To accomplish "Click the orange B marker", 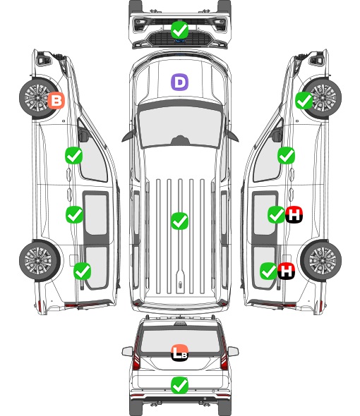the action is [x=56, y=100].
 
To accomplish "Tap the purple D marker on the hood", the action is [x=179, y=82].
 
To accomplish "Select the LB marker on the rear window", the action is [x=179, y=353].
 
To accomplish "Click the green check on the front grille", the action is [x=179, y=30].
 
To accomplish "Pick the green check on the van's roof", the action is [x=179, y=221].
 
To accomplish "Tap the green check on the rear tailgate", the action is [x=179, y=385].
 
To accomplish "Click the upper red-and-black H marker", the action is [x=294, y=214].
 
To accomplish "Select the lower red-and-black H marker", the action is [x=287, y=271].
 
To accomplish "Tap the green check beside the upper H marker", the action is [x=276, y=214].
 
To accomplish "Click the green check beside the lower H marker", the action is [x=268, y=271].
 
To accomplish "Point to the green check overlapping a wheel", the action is [x=304, y=100].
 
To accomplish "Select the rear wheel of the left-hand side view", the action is [x=40, y=261].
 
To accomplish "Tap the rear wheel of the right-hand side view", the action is [x=321, y=261].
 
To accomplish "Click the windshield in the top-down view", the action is [x=180, y=127].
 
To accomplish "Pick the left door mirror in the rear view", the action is [x=127, y=351].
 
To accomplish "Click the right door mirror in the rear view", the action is [x=233, y=351].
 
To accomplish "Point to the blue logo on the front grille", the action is [x=180, y=41].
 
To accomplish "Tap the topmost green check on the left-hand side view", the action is [x=73, y=155].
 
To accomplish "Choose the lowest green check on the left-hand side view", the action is [x=82, y=271].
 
